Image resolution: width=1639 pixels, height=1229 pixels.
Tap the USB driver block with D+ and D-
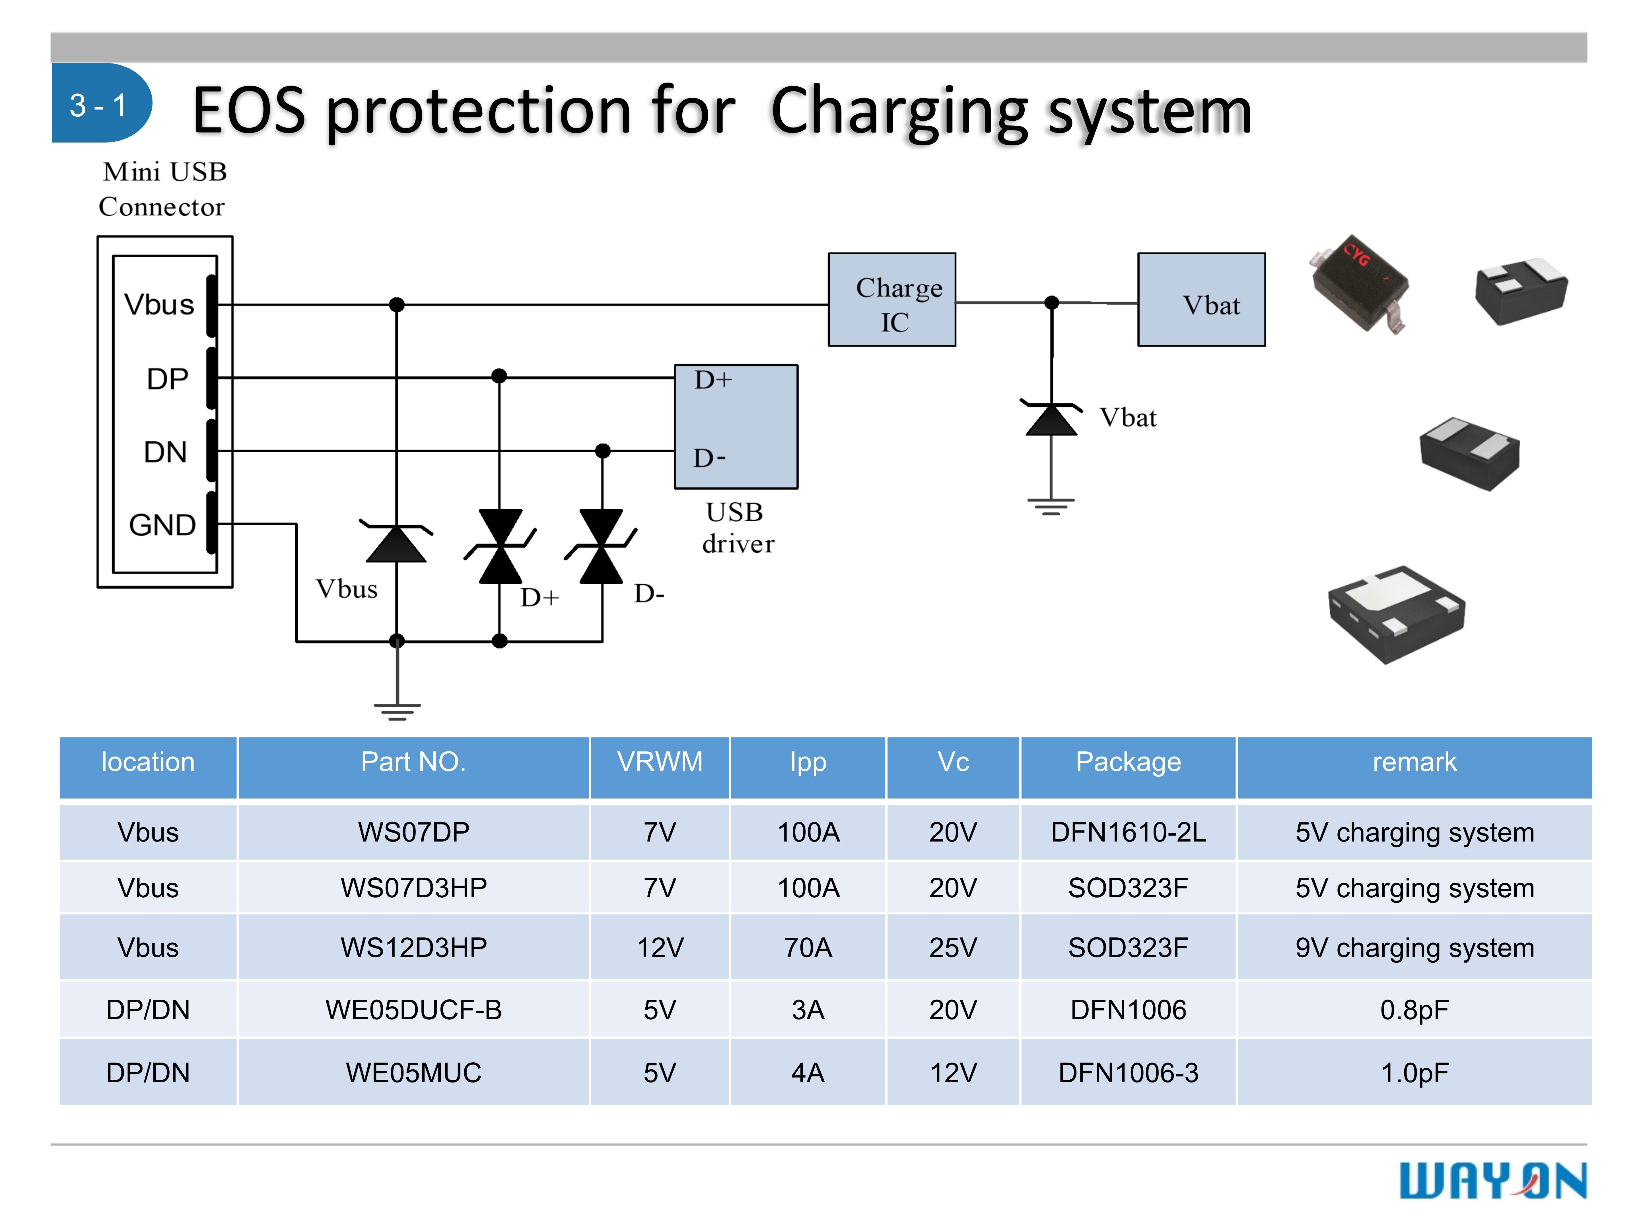[736, 426]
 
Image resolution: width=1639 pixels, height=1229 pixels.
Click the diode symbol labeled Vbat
[1051, 419]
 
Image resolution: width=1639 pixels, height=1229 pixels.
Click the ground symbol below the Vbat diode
[1051, 506]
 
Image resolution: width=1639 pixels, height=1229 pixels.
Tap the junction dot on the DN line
[603, 450]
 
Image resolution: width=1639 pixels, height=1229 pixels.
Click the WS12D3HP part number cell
[413, 947]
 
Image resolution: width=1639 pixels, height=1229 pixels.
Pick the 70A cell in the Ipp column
[808, 947]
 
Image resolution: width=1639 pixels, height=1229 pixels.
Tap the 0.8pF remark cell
[1414, 1010]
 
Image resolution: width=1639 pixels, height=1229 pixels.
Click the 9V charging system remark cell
[1414, 947]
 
